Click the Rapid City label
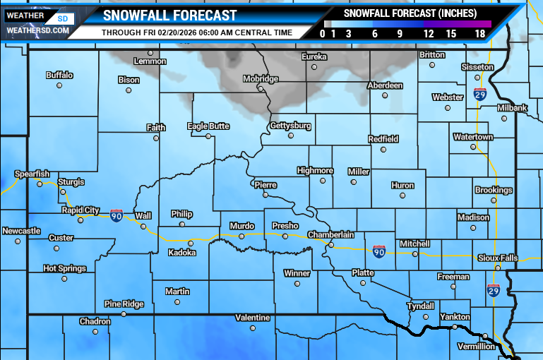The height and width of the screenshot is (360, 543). tap(82, 210)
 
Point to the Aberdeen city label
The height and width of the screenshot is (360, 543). tap(385, 85)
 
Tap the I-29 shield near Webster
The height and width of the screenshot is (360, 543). tap(479, 95)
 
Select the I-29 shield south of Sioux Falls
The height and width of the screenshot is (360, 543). tap(493, 290)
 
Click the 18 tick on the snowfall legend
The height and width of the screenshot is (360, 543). tap(479, 32)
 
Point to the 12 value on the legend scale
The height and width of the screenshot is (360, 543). tap(429, 32)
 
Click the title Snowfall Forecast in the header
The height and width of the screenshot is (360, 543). tap(169, 16)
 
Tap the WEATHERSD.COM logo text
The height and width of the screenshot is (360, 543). tap(37, 30)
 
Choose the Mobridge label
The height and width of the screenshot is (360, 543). tap(261, 78)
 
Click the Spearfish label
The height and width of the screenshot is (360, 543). tap(32, 174)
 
